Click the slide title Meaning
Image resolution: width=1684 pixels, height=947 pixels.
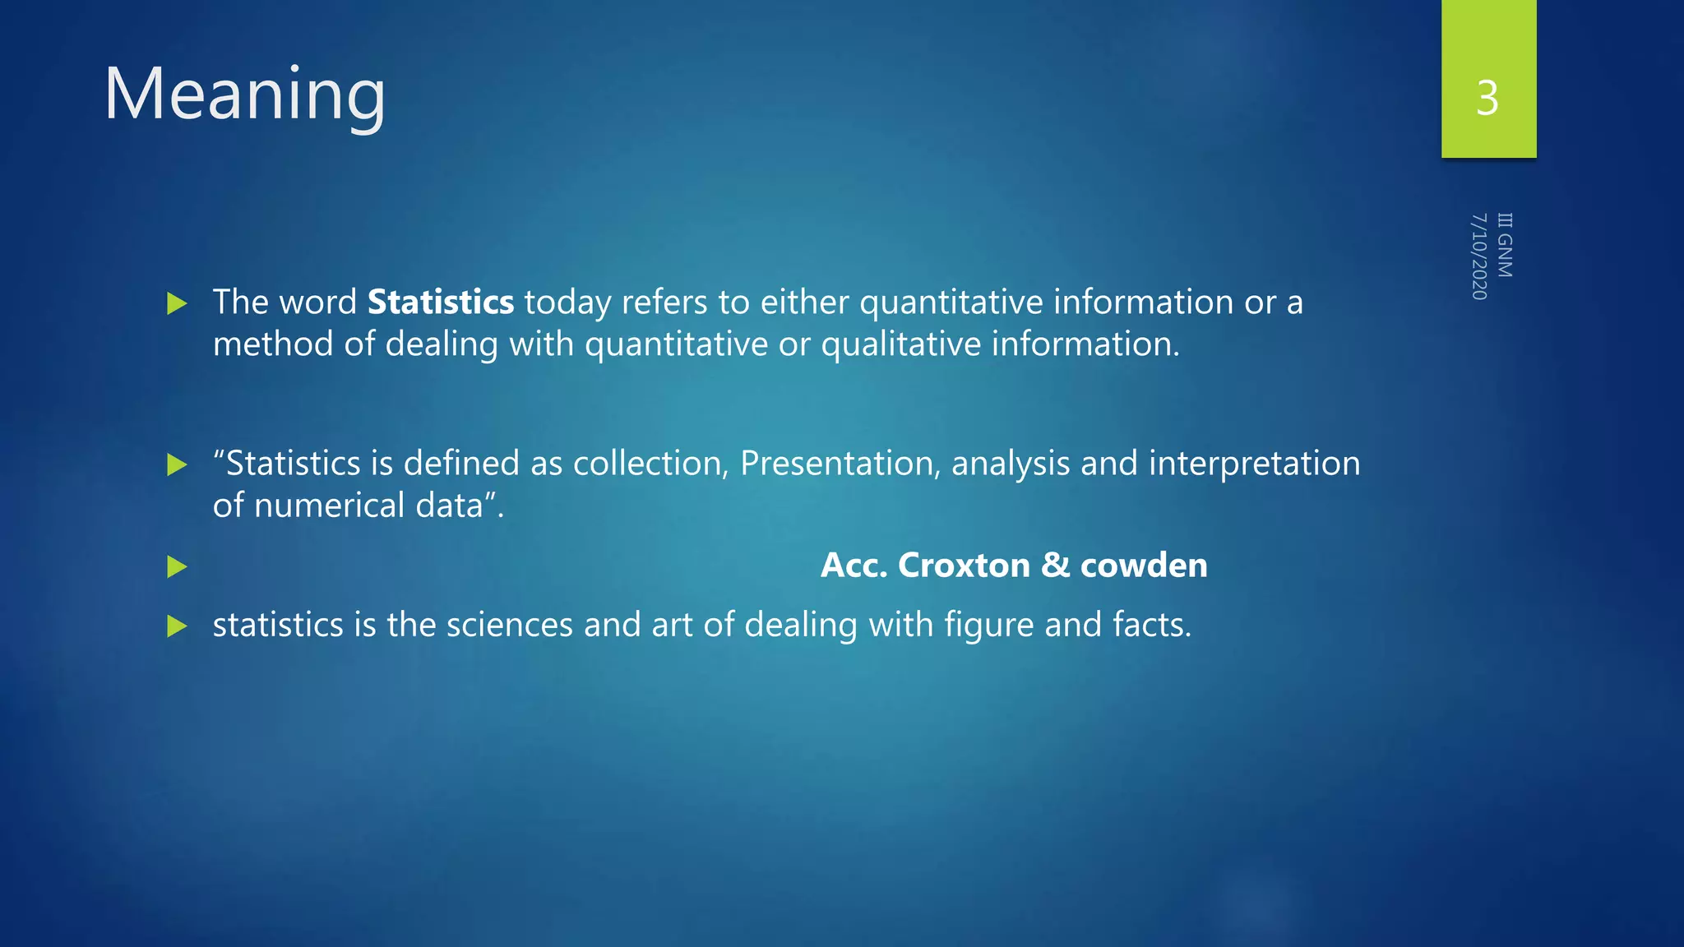click(x=244, y=95)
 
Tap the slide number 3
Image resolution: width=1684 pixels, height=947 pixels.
click(x=1487, y=99)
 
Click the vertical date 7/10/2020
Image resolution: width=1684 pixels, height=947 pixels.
click(x=1478, y=256)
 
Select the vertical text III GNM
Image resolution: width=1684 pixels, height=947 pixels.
click(x=1504, y=245)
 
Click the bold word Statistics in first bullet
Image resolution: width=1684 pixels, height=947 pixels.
click(x=441, y=303)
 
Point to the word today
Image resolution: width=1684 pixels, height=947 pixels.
click(x=567, y=303)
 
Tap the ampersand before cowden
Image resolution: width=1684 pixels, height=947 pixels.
click(x=1055, y=566)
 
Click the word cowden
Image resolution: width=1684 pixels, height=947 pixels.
click(x=1144, y=566)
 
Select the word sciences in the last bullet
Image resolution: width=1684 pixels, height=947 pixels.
click(x=509, y=625)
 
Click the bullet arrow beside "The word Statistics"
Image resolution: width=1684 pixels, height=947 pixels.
click(x=177, y=304)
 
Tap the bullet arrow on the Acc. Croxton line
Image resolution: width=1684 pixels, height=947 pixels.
click(x=177, y=566)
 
